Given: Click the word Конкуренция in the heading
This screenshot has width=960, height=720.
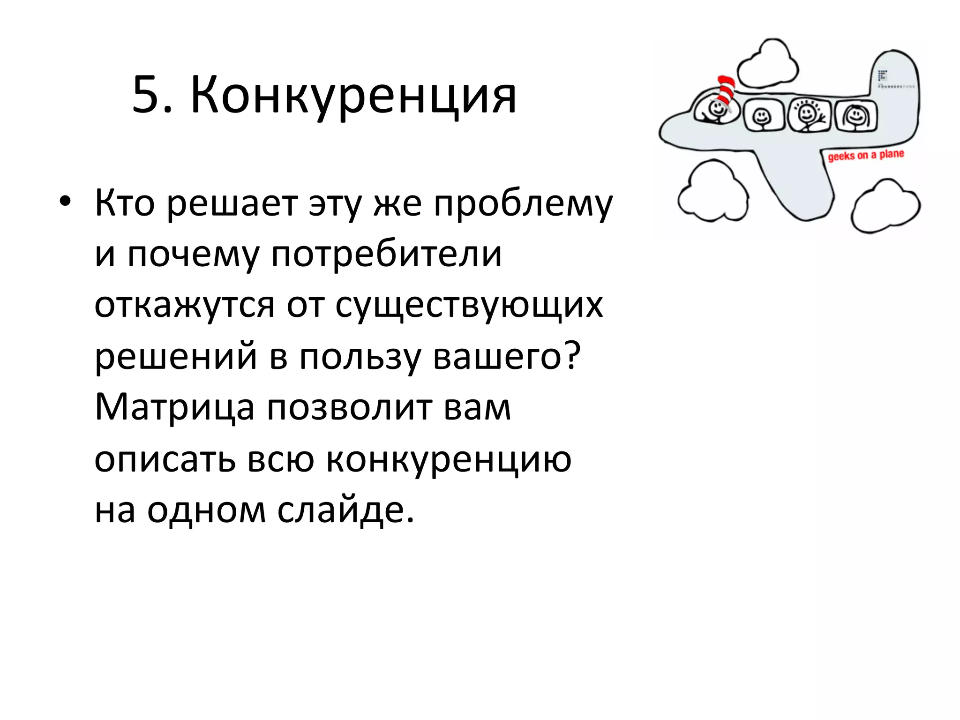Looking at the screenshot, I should [x=353, y=96].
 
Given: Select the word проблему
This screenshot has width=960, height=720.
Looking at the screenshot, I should [x=523, y=204].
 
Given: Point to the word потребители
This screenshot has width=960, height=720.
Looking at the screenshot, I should [x=386, y=255].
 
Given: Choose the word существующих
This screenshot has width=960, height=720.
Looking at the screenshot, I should [x=469, y=306].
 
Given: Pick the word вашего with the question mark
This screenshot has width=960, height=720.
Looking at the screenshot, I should [x=506, y=356].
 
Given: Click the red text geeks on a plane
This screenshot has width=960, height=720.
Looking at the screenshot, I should [x=865, y=155].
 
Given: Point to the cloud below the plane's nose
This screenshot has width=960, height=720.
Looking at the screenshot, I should [x=713, y=192].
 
